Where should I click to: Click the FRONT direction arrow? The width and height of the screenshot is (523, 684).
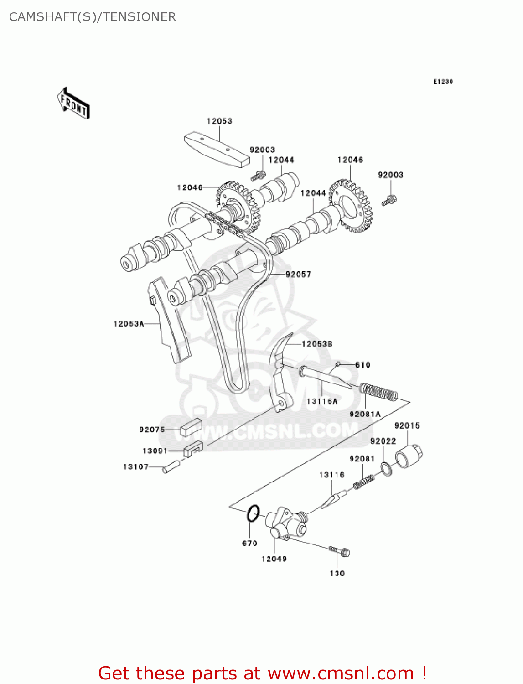tap(73, 104)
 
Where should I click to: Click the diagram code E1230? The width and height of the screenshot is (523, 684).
tap(443, 82)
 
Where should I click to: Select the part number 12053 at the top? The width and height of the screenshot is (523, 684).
tap(219, 121)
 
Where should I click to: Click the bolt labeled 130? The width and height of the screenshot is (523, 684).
tap(340, 551)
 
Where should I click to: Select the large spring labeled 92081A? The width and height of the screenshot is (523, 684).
tap(378, 392)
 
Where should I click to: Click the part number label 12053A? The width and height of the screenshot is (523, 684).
tap(129, 324)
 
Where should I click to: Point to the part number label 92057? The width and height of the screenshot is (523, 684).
tap(298, 274)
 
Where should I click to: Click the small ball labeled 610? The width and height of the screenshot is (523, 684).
tap(338, 364)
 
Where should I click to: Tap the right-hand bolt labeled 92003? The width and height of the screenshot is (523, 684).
tap(389, 200)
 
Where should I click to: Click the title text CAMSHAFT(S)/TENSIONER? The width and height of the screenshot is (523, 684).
tap(93, 17)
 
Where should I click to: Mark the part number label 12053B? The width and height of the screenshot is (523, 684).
tap(317, 344)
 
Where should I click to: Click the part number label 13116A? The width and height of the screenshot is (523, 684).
tap(322, 401)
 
